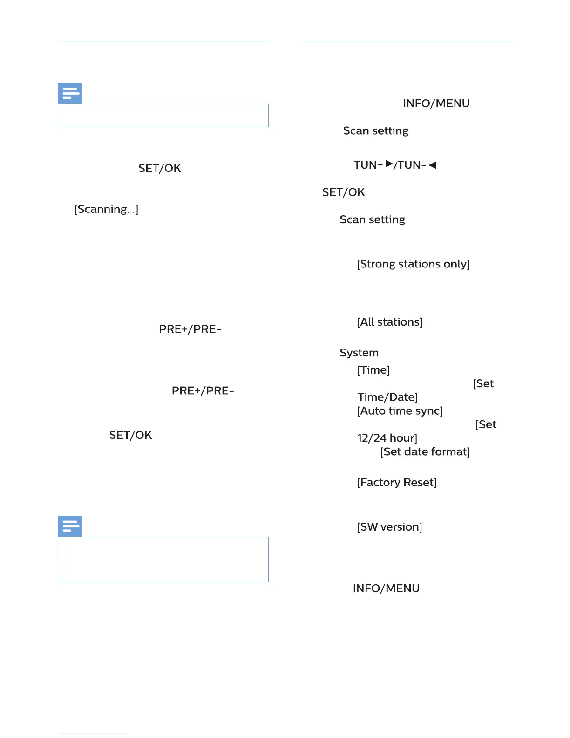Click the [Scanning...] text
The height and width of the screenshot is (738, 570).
(106, 209)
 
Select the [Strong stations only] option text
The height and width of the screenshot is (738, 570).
(413, 264)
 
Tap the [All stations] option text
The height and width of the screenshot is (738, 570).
(390, 322)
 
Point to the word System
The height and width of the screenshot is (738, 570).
(359, 353)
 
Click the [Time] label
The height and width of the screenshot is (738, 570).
(373, 370)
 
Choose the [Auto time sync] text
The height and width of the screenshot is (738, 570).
(400, 411)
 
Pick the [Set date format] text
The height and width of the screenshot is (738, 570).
(425, 452)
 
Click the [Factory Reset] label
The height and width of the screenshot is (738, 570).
(397, 483)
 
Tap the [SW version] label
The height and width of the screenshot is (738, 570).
(389, 527)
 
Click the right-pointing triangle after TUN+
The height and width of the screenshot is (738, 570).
(389, 164)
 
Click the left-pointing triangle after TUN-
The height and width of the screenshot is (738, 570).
(433, 165)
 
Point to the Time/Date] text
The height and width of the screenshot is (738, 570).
(387, 397)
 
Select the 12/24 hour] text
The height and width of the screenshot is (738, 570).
(387, 438)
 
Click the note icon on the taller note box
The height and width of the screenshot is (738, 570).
(70, 526)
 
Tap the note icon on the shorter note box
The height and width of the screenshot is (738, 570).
(70, 94)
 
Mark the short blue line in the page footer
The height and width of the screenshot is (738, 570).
(92, 734)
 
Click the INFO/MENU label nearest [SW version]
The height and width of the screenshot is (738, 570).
(386, 588)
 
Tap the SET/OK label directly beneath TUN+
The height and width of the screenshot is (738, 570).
(343, 192)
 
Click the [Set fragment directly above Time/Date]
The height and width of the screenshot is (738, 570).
(483, 384)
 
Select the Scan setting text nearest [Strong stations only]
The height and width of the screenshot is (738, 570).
(372, 219)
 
